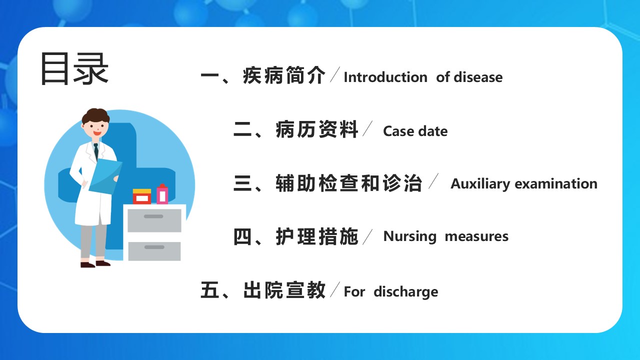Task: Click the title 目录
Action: pyautogui.click(x=74, y=68)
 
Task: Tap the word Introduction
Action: pyautogui.click(x=385, y=77)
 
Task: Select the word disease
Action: pyautogui.click(x=478, y=77)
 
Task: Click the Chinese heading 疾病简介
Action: pyautogui.click(x=284, y=75)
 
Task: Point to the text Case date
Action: pyautogui.click(x=415, y=131)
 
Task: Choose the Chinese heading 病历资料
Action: pyautogui.click(x=317, y=129)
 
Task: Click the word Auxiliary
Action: pyautogui.click(x=480, y=184)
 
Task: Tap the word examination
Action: pyautogui.click(x=556, y=184)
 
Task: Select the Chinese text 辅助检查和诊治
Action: pyautogui.click(x=349, y=183)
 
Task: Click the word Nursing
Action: pyautogui.click(x=410, y=236)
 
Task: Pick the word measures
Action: pyautogui.click(x=476, y=236)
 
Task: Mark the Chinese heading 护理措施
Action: pyautogui.click(x=317, y=236)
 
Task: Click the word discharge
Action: pyautogui.click(x=405, y=292)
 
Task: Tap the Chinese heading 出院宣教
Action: pyautogui.click(x=284, y=290)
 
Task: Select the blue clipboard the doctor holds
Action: pyautogui.click(x=105, y=176)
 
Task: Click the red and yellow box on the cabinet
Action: pyautogui.click(x=142, y=196)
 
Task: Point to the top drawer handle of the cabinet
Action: pyautogui.click(x=153, y=216)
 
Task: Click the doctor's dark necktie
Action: pyautogui.click(x=96, y=151)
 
